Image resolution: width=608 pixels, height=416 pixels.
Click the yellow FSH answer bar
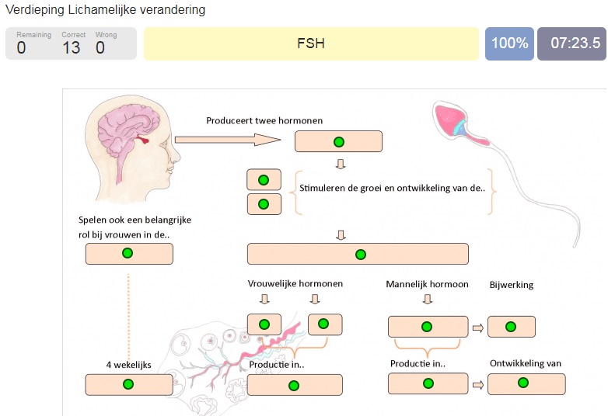311,43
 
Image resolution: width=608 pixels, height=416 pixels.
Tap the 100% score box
509,43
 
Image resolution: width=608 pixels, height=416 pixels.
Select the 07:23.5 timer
575,43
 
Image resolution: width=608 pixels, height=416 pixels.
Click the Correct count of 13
72,48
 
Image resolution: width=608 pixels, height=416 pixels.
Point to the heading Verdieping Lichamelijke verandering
106,10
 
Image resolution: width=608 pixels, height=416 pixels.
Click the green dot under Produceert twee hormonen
338,141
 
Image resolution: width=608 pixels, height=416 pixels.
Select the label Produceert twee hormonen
264,120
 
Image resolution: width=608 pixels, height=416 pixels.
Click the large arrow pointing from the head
226,140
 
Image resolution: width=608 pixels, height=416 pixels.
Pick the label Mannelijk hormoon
427,284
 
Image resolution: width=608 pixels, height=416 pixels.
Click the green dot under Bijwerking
511,327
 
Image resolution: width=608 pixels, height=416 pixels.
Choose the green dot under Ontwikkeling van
522,383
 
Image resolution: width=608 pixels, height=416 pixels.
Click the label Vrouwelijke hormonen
295,284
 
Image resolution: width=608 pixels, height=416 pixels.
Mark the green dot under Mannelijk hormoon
427,327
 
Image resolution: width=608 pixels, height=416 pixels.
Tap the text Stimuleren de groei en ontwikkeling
393,187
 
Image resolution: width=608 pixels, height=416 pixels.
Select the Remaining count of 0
21,48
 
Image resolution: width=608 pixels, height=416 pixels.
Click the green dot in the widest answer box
360,254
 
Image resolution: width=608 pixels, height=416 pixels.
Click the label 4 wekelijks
128,363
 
